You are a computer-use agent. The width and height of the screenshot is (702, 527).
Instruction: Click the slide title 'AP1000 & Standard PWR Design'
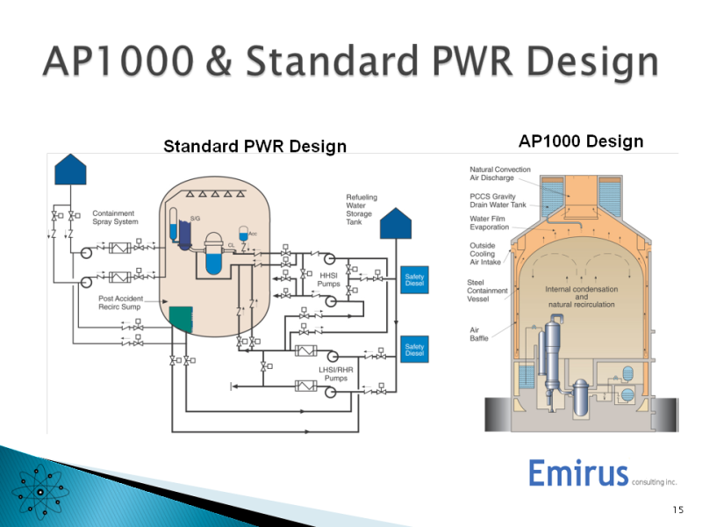point(350,63)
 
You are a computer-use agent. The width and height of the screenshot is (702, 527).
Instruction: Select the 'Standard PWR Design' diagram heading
point(254,147)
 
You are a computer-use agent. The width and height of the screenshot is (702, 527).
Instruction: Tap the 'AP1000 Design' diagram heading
point(581,141)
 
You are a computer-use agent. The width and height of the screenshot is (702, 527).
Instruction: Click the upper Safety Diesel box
point(414,280)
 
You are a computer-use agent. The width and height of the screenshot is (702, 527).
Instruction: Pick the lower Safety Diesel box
point(414,350)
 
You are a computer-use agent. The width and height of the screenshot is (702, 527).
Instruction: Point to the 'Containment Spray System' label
point(116,217)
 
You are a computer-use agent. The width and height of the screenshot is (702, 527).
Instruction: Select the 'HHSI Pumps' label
point(329,280)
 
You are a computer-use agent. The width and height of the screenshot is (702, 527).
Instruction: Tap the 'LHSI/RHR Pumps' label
point(336,374)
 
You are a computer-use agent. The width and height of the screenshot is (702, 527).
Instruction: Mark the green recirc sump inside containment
point(181,319)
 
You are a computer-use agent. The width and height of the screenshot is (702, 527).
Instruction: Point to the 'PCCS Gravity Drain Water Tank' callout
point(498,201)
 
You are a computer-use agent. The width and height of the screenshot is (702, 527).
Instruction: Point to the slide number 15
point(677,509)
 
